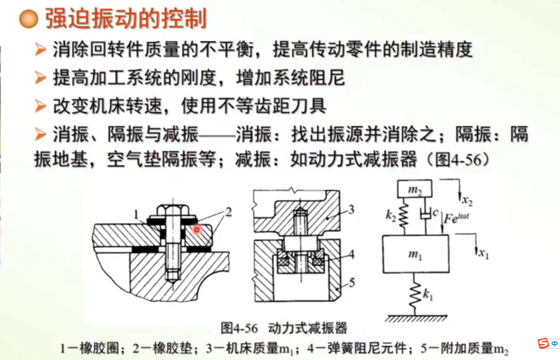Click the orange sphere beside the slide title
coord(29,19)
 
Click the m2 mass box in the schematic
coord(414,189)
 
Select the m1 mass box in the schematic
coord(416,254)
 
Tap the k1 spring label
coord(428,295)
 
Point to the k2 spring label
coord(391,216)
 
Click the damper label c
coord(436,212)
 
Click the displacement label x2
coord(467,201)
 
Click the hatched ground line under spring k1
coord(416,318)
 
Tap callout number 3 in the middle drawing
coord(351,209)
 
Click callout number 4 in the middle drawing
coord(352,255)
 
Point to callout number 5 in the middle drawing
coord(352,283)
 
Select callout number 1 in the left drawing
coord(136,214)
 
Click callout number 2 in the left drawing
coord(228,212)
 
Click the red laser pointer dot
coord(197,229)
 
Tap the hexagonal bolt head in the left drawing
coord(173,210)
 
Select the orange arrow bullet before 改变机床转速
coord(40,106)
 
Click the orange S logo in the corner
coord(543,343)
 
